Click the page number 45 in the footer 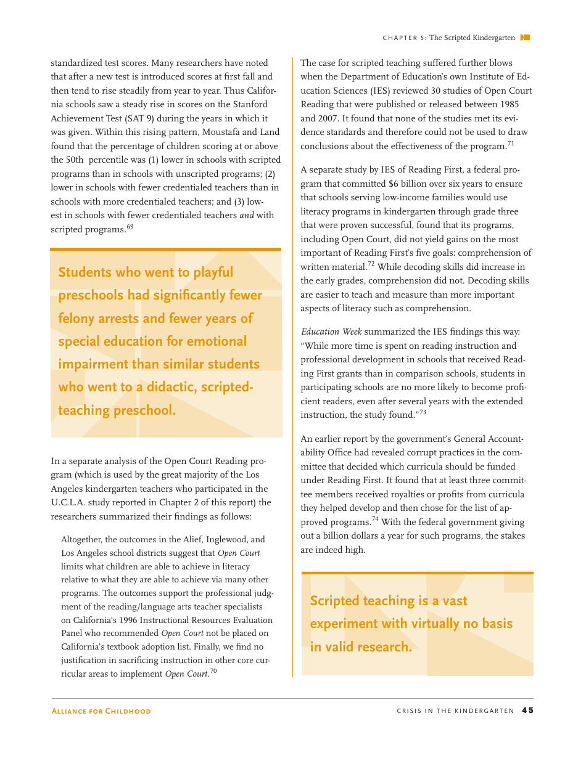coord(527,711)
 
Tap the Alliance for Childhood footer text coord(101,711)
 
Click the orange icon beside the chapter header coord(525,38)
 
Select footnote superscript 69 coord(130,227)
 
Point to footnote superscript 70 coord(213,671)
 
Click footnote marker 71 coord(511,144)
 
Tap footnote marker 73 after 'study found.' coord(423,412)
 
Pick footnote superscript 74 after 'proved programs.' coord(375,520)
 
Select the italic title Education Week coord(331,332)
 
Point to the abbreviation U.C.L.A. coord(72,502)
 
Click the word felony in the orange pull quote coord(78,319)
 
